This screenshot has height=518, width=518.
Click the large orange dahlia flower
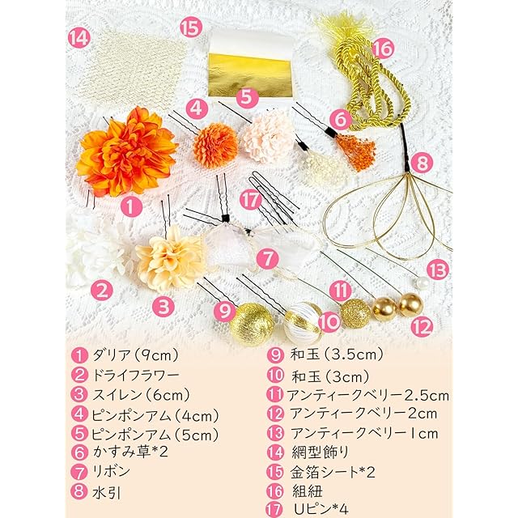(x=127, y=152)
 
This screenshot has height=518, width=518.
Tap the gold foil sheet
(x=250, y=76)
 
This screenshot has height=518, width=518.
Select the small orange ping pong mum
(x=215, y=146)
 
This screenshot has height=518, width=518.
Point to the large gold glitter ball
(x=252, y=325)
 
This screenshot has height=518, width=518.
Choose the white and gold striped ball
(x=302, y=323)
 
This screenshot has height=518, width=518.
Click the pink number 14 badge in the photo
(x=79, y=38)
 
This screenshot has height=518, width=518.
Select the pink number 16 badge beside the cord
(x=383, y=48)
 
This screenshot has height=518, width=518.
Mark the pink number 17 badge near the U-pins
(x=251, y=200)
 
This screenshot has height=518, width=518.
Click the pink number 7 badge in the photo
(x=268, y=258)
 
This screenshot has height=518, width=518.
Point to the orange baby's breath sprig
(x=356, y=151)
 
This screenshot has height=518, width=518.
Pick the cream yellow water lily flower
(x=170, y=259)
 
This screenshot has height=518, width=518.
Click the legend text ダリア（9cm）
(x=135, y=355)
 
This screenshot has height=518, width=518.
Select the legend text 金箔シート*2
(x=333, y=472)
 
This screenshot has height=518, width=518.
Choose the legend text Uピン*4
(x=321, y=509)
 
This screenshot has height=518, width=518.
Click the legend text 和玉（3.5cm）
(x=337, y=355)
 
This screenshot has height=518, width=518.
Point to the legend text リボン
(x=111, y=471)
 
